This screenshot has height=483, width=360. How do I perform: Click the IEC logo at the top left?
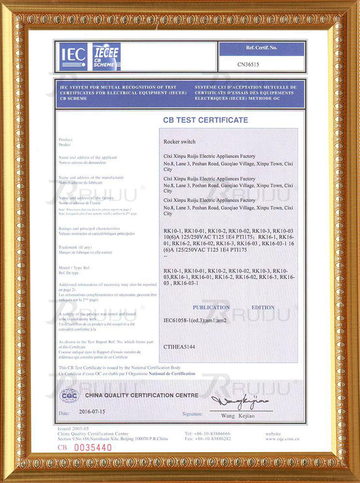(x=73, y=56)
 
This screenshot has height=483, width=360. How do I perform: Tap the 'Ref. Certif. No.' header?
(x=261, y=48)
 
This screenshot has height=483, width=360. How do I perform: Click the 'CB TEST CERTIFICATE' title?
(x=205, y=120)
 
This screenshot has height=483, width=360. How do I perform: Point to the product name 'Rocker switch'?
(x=180, y=142)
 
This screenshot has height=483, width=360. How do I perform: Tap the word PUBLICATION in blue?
(x=211, y=307)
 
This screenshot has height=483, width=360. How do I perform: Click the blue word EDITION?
(x=263, y=307)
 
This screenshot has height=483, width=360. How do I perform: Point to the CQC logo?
(x=69, y=396)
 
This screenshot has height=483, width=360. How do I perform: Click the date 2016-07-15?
(x=92, y=412)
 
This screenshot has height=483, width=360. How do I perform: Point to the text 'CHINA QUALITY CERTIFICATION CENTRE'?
(x=142, y=396)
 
